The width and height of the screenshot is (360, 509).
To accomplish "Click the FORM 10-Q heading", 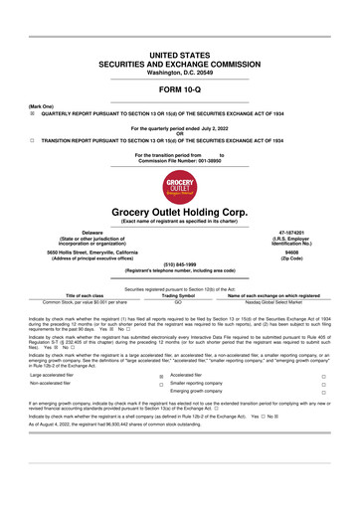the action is click(x=179, y=89).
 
